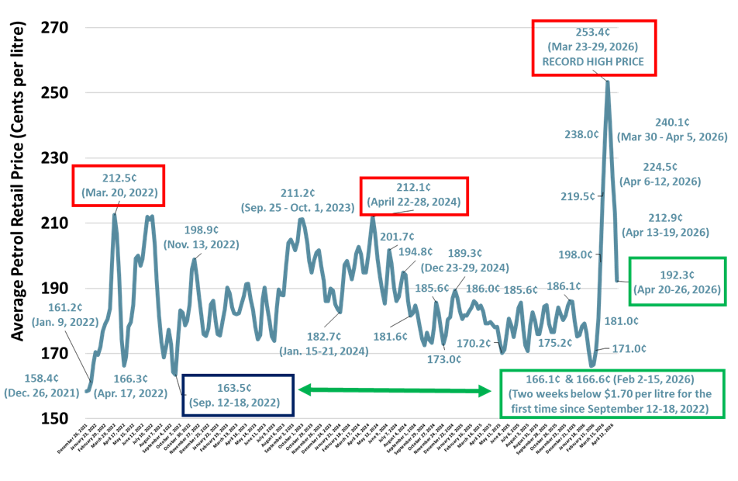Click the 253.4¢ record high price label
coord(594,33)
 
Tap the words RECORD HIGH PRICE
coord(594,62)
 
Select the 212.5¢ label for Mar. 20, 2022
coord(118,178)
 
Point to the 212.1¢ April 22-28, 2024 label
coord(414,187)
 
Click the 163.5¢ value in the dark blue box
coord(238,387)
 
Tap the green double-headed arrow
coord(395,390)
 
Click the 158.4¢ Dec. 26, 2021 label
coord(42,379)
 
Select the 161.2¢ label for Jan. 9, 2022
coord(64,307)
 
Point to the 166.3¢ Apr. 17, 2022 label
coord(131,379)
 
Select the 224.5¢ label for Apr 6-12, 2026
coord(660,167)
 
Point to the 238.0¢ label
coord(581,133)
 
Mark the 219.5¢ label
coord(577,196)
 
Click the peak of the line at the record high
coord(607,81)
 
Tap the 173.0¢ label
coord(444,359)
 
